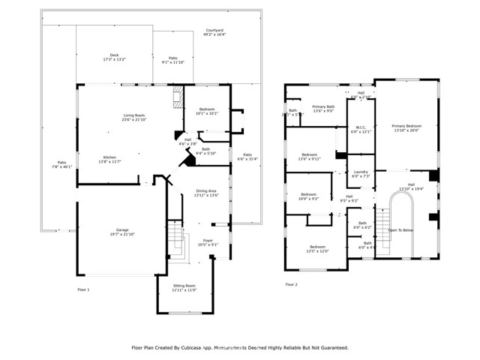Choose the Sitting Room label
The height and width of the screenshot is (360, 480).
pos(184,287)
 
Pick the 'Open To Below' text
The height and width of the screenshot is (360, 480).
pos(401,230)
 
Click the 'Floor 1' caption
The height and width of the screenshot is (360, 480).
pos(83,289)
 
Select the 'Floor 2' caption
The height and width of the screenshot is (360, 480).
pos(291,285)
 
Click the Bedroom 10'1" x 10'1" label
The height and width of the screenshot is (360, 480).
pos(207,112)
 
